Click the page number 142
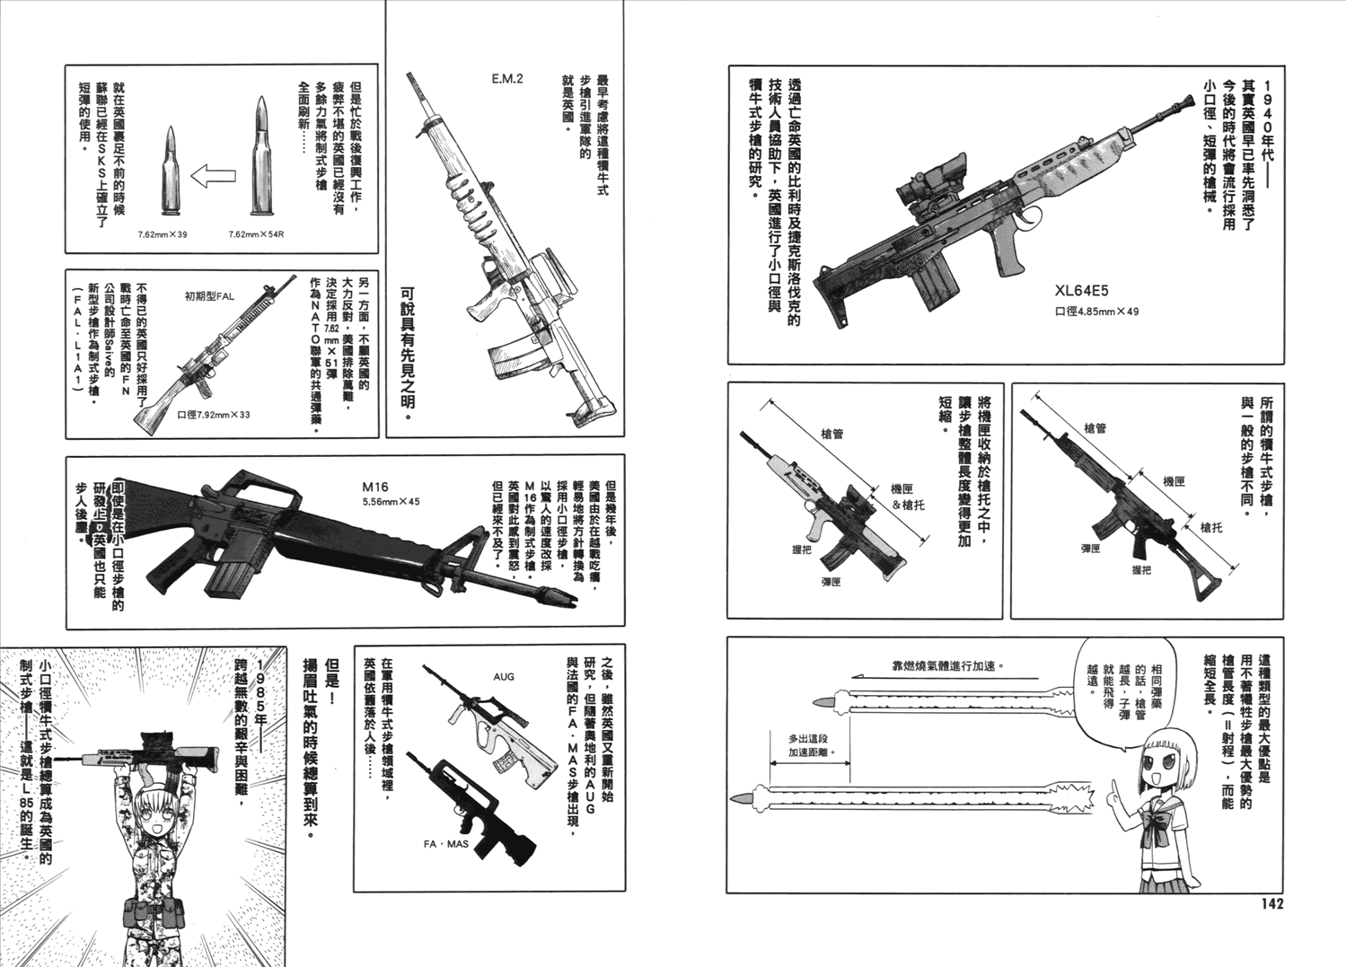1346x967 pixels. click(1266, 902)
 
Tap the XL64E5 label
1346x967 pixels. click(1082, 290)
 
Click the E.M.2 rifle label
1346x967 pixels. click(506, 79)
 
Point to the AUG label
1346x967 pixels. click(504, 675)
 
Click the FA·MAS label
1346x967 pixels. click(446, 844)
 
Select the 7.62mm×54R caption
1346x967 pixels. click(256, 233)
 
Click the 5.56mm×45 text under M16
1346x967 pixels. click(391, 502)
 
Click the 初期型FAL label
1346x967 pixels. click(208, 296)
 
